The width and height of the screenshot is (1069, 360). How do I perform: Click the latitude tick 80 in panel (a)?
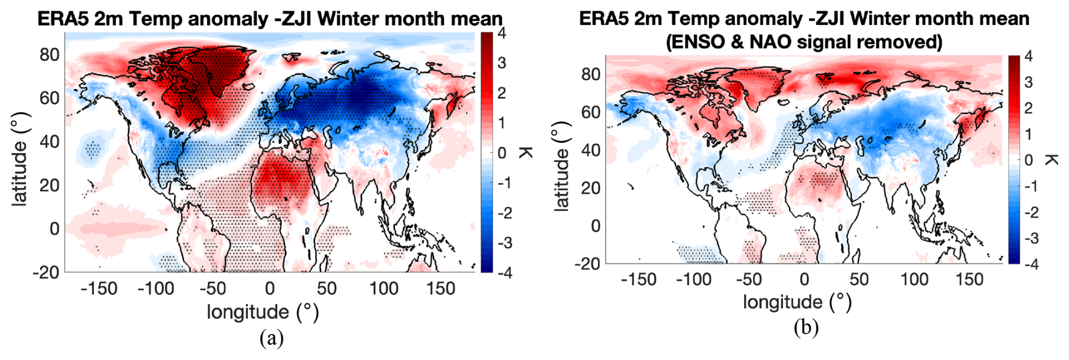tap(50, 54)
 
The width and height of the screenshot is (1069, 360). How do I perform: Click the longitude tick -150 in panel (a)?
tap(99, 288)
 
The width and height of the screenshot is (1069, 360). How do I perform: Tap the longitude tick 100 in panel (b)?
tap(914, 279)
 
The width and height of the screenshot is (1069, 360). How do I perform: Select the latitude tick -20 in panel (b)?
tap(588, 263)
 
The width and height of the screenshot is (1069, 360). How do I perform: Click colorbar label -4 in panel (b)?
tap(1031, 264)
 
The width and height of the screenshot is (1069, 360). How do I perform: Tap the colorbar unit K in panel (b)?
tap(1051, 160)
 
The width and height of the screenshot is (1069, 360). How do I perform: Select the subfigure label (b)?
tap(806, 327)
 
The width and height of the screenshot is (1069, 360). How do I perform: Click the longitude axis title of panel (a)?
tap(263, 311)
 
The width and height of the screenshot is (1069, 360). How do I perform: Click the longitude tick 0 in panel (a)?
tap(270, 288)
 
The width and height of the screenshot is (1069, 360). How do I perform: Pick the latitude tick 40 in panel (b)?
tap(591, 150)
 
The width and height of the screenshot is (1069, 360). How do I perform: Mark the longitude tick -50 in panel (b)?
tap(749, 279)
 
